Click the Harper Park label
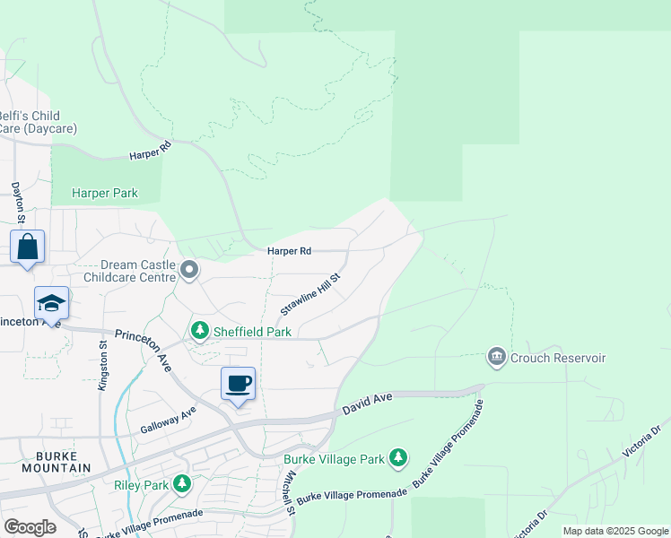point(105,193)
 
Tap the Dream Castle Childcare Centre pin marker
point(189,269)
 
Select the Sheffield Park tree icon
point(199,332)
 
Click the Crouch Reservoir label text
point(558,358)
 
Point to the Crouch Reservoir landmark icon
point(496,358)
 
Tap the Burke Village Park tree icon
point(398,459)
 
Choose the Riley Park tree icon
point(182,485)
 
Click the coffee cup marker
point(238,385)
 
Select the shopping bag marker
point(27,247)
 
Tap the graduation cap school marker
point(51,304)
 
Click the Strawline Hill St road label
point(310,294)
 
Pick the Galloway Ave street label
point(168,420)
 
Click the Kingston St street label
point(102,365)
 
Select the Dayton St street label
point(16,202)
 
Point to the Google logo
point(30,526)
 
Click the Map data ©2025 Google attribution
point(615,531)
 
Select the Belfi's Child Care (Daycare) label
point(40,122)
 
